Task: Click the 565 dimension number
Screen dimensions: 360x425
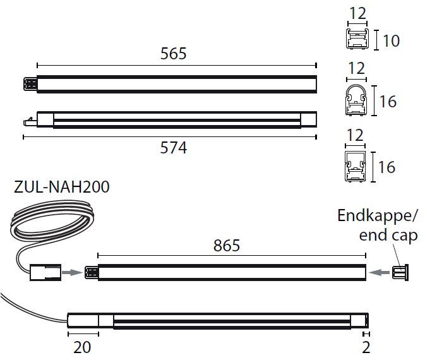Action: point(173,54)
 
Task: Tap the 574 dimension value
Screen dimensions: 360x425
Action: point(173,148)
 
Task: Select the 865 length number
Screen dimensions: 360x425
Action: point(227,245)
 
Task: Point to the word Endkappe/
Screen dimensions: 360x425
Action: point(378,216)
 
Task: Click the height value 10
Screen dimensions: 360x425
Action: point(391,41)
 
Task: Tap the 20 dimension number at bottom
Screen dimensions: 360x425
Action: point(82,347)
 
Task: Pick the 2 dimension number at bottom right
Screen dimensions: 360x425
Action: point(366,347)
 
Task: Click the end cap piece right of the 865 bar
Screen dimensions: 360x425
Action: point(400,272)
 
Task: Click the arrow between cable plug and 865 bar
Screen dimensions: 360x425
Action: point(75,273)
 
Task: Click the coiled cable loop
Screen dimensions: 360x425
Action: point(51,224)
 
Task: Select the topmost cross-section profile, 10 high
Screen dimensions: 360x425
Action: point(357,40)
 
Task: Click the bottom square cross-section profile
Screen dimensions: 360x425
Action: point(357,167)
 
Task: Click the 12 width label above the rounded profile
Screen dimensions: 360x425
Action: point(357,68)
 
